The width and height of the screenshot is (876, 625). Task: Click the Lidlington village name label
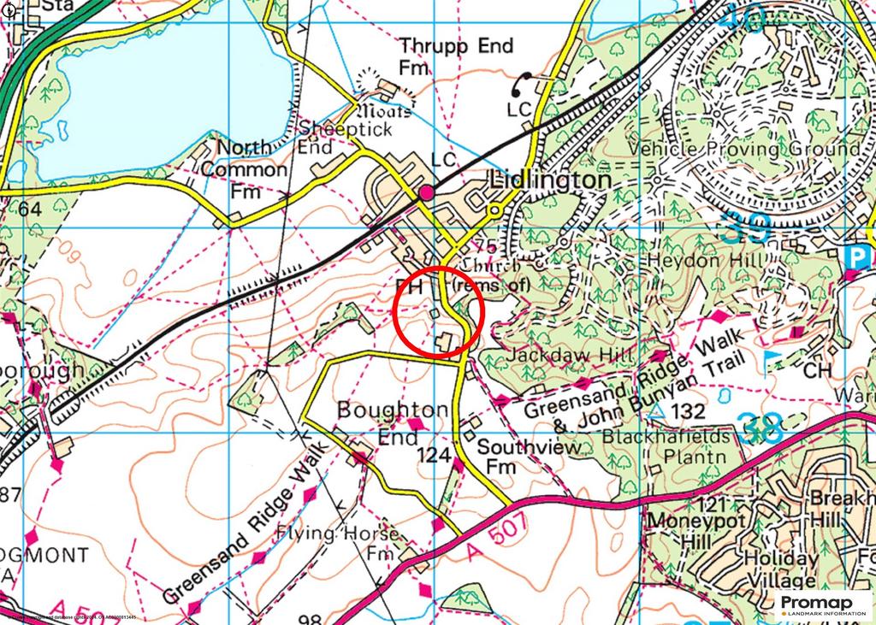(550, 181)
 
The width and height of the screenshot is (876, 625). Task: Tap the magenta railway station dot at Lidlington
(425, 193)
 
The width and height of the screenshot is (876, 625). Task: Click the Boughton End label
(392, 422)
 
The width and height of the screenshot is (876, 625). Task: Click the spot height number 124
(434, 457)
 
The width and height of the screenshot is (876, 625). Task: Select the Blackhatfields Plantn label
(690, 446)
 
